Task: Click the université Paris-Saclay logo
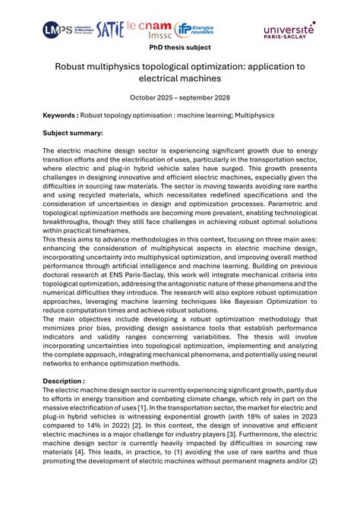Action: pos(289,29)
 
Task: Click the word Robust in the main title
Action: pos(74,67)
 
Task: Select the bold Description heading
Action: pos(64,381)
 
